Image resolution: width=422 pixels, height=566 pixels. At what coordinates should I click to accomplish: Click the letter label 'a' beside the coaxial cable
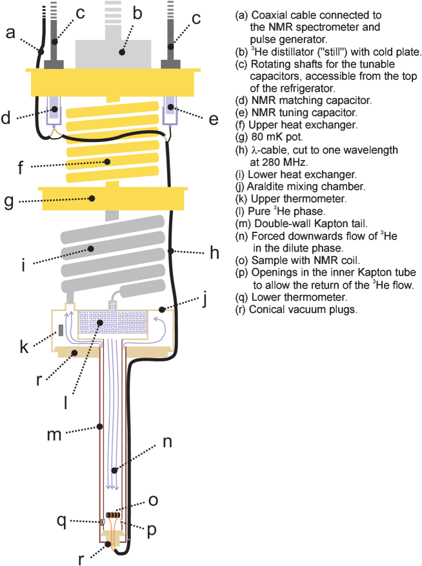10,32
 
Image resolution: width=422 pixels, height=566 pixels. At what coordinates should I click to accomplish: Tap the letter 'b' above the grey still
137,12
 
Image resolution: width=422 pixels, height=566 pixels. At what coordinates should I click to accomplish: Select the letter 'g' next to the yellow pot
9,201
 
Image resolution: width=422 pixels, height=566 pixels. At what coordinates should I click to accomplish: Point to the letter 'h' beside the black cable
214,252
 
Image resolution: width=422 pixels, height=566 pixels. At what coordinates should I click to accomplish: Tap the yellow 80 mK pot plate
113,197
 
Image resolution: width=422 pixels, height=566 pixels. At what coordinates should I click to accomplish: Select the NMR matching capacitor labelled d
55,111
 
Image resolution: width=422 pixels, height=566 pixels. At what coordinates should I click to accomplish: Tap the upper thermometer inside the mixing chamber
60,330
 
